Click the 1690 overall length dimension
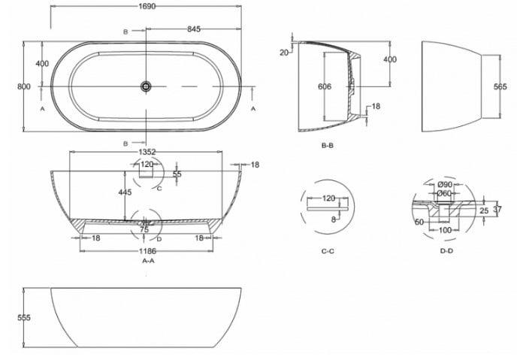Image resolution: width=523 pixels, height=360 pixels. (147, 6)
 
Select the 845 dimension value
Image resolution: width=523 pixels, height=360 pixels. (194, 29)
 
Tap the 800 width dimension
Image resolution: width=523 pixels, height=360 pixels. (24, 86)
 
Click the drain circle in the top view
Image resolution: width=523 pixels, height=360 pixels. (146, 86)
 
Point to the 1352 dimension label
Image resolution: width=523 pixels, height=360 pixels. (147, 152)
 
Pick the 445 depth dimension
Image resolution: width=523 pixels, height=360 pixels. (125, 192)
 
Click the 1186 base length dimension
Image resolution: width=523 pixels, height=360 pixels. (147, 251)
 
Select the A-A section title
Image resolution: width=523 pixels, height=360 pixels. (149, 261)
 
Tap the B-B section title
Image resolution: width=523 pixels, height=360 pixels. (327, 146)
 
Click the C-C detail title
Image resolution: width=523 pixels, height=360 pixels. (328, 251)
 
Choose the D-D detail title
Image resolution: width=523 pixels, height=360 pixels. (446, 251)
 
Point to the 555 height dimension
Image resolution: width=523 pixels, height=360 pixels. (24, 318)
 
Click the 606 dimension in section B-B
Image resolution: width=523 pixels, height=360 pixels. (325, 86)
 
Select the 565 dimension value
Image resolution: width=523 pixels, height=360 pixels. (500, 86)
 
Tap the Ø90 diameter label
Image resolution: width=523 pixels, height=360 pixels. (445, 184)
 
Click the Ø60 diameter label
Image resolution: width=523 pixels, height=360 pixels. (444, 193)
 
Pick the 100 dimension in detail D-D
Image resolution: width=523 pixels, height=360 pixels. (445, 230)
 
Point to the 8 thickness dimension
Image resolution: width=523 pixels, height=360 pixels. (334, 219)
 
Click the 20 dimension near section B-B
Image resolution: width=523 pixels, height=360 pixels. (284, 53)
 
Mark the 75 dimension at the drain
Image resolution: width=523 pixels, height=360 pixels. (144, 229)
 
